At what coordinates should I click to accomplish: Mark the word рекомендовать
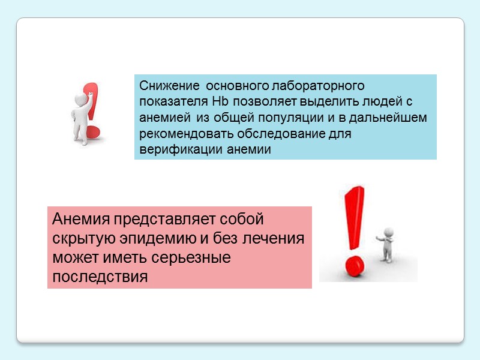click(x=179, y=133)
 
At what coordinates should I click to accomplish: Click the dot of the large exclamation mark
click(x=356, y=265)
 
